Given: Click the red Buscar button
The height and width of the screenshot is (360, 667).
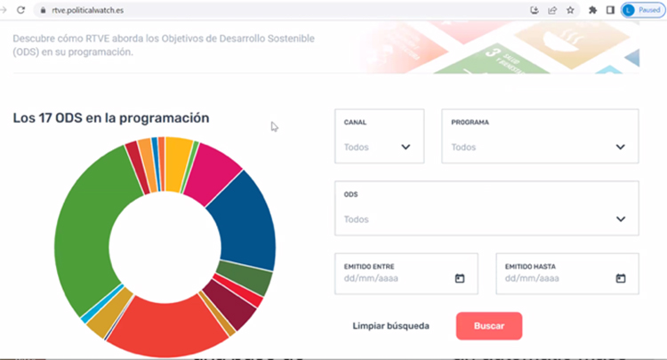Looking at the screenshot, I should pyautogui.click(x=488, y=326).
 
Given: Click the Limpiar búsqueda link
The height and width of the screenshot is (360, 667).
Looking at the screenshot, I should pyautogui.click(x=390, y=326).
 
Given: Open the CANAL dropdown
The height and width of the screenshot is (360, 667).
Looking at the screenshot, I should pyautogui.click(x=379, y=137).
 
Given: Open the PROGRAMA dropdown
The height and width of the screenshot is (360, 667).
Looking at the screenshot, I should pyautogui.click(x=539, y=137).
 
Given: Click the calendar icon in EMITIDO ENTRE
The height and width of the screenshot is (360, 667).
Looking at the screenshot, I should pyautogui.click(x=460, y=278).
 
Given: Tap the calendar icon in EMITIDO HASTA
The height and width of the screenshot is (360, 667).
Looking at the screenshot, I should pyautogui.click(x=621, y=278).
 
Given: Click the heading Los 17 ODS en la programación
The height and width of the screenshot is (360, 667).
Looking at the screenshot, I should pyautogui.click(x=111, y=118).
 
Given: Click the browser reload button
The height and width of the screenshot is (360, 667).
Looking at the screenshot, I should pyautogui.click(x=20, y=10).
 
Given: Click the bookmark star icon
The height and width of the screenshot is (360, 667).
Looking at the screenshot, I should pyautogui.click(x=570, y=10).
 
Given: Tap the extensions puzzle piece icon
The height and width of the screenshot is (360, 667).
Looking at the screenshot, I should pyautogui.click(x=592, y=10).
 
